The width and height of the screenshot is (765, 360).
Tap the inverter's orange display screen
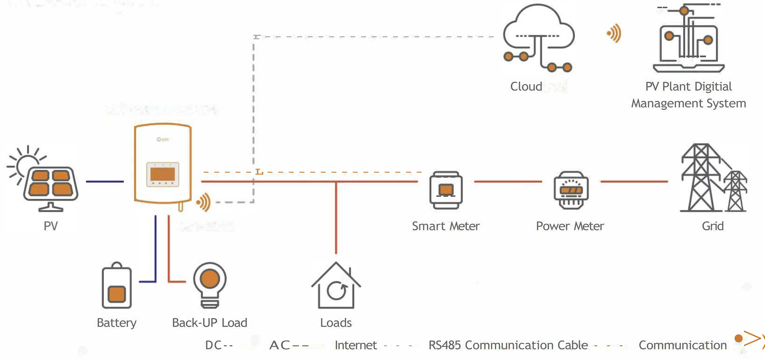point(163,174)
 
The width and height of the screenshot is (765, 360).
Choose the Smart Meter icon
point(446,190)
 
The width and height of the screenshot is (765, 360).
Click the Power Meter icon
point(571,190)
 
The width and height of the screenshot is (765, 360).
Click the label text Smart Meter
point(446,226)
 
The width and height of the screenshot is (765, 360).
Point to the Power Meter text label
point(570,226)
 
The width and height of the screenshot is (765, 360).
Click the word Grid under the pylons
point(713,226)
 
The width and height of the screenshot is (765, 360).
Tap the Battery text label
point(117,323)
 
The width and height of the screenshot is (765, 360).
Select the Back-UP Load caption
point(210,323)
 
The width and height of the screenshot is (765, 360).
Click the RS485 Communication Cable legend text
point(508,345)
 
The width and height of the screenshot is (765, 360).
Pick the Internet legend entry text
point(356,345)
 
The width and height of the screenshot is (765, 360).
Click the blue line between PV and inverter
point(105,182)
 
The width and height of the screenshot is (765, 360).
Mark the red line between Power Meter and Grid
point(634,182)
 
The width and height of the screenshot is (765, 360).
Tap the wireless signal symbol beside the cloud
point(614,33)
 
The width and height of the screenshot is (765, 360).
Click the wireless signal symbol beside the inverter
point(204,202)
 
